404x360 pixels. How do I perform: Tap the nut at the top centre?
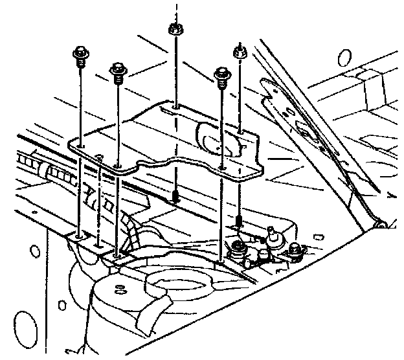pos(174,28)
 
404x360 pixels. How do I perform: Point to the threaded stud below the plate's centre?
pos(175,196)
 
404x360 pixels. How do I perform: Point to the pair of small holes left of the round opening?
pos(120,289)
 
